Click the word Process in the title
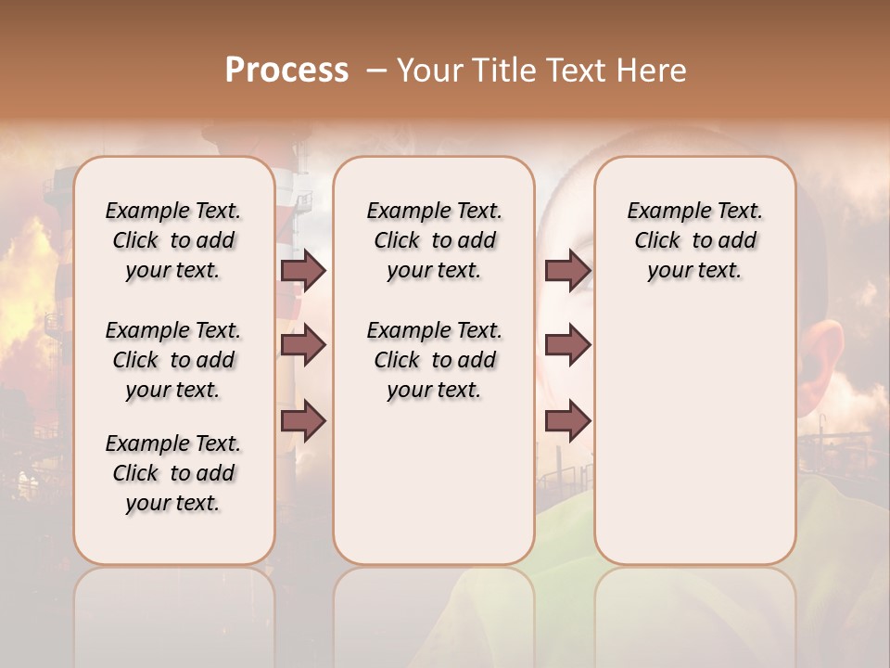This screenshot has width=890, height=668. pyautogui.click(x=286, y=71)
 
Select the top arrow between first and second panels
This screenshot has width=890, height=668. pyautogui.click(x=303, y=270)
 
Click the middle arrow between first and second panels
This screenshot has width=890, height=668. pyautogui.click(x=303, y=346)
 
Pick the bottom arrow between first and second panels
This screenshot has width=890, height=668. pyautogui.click(x=303, y=421)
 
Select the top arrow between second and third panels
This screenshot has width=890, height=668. pyautogui.click(x=567, y=270)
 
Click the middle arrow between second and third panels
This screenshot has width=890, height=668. pyautogui.click(x=567, y=345)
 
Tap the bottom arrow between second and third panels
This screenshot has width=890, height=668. pyautogui.click(x=567, y=421)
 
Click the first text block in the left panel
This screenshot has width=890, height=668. pyautogui.click(x=173, y=240)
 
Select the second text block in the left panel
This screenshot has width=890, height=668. pyautogui.click(x=173, y=360)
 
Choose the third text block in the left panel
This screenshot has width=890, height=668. pyautogui.click(x=173, y=473)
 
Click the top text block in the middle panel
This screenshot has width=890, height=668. pyautogui.click(x=434, y=240)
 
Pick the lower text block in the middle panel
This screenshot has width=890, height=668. pyautogui.click(x=434, y=360)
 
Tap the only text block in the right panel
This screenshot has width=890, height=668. pyautogui.click(x=694, y=240)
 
